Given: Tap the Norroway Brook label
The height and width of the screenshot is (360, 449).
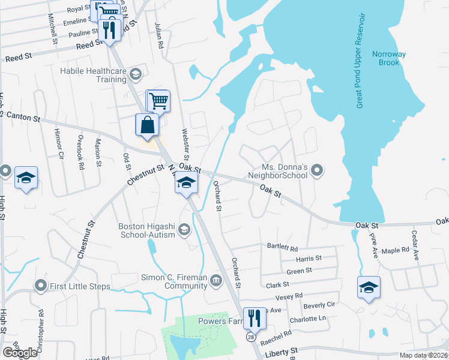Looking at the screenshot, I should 389,58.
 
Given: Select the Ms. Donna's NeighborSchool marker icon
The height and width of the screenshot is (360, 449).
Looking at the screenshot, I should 319,172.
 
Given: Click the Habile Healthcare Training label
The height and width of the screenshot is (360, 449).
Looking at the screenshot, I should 93,74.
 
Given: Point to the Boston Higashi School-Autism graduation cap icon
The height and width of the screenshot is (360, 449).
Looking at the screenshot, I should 185,229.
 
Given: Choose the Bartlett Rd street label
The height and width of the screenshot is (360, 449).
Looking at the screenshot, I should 283,247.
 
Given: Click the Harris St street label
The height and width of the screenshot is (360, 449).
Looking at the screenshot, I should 309,259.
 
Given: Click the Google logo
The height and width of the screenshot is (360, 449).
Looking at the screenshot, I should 20,352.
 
